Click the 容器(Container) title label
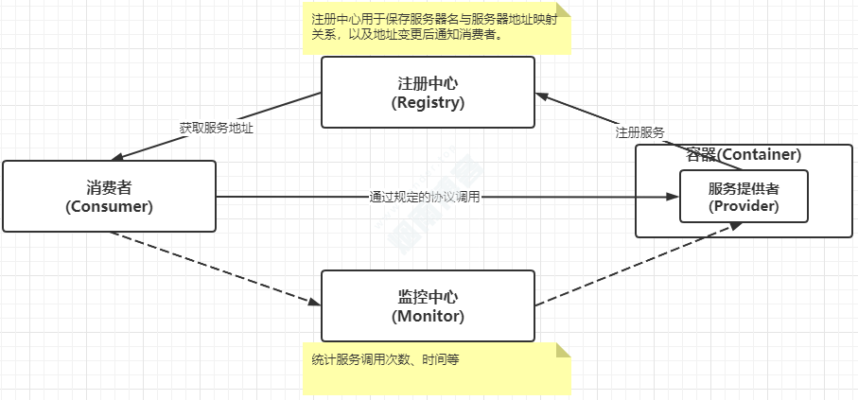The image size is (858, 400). pyautogui.click(x=744, y=154)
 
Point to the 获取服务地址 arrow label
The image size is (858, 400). pyautogui.click(x=217, y=127)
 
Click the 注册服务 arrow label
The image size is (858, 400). pyautogui.click(x=639, y=132)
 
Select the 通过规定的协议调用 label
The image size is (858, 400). pyautogui.click(x=425, y=198)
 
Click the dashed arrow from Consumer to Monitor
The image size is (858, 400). pyautogui.click(x=218, y=269)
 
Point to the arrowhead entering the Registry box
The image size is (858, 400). pyautogui.click(x=541, y=95)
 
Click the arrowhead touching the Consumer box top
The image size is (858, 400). pyautogui.click(x=119, y=157)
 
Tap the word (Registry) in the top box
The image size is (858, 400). pyautogui.click(x=428, y=102)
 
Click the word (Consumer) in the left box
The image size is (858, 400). pyautogui.click(x=109, y=206)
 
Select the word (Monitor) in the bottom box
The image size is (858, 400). pyautogui.click(x=428, y=316)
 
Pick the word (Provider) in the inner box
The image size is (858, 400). pyautogui.click(x=744, y=205)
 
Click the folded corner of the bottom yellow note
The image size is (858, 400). pyautogui.click(x=564, y=350)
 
